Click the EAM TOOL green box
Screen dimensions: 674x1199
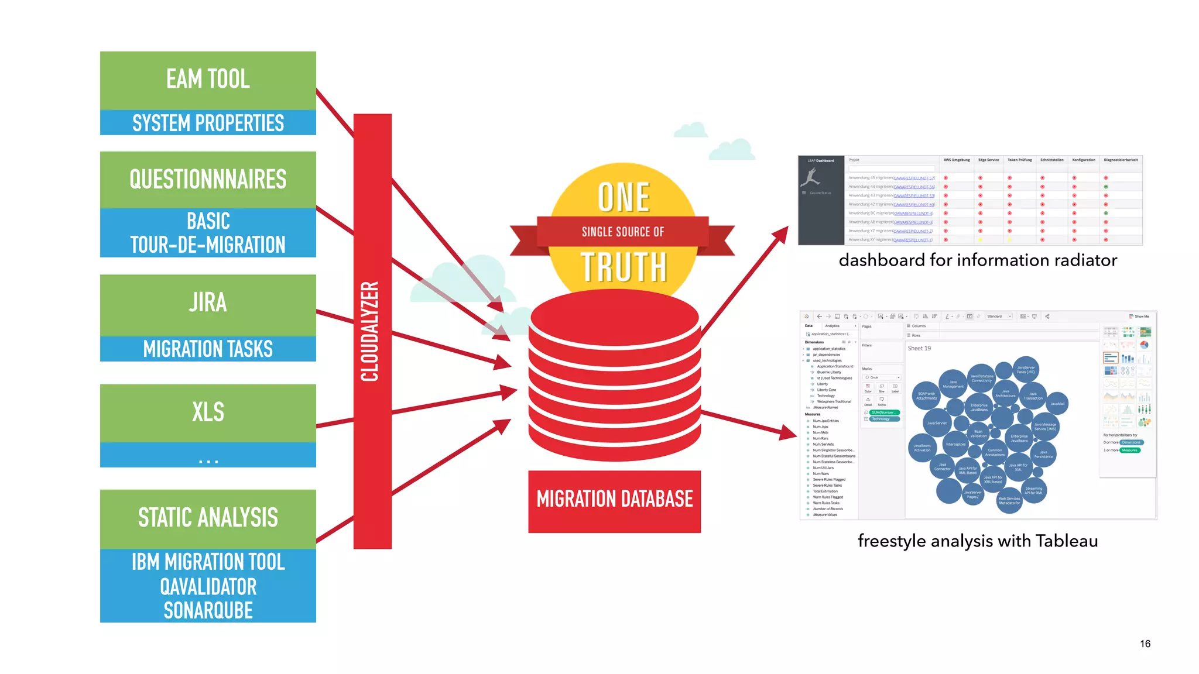pyautogui.click(x=208, y=80)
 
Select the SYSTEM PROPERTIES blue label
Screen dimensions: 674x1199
pyautogui.click(x=208, y=123)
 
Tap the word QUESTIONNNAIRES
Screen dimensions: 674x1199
pyautogui.click(x=208, y=179)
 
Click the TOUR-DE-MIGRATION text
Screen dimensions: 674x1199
pyautogui.click(x=208, y=245)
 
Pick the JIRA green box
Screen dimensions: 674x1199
pyautogui.click(x=208, y=303)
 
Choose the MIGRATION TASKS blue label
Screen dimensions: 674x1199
pyautogui.click(x=208, y=349)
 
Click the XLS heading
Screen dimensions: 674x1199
pyautogui.click(x=208, y=412)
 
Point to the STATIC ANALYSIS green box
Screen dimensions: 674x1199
pyautogui.click(x=208, y=518)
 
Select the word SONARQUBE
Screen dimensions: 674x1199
pyautogui.click(x=208, y=610)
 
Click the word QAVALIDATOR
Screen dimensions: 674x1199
pyautogui.click(x=208, y=586)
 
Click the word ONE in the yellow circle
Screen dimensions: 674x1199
pyautogui.click(x=624, y=197)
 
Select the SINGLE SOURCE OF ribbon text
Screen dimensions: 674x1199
pyautogui.click(x=623, y=232)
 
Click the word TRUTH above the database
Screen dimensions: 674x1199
pyautogui.click(x=624, y=267)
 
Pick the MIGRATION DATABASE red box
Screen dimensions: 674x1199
pyautogui.click(x=614, y=500)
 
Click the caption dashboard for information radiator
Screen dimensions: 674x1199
pyautogui.click(x=977, y=260)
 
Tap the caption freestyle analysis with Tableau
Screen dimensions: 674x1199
pyautogui.click(x=977, y=541)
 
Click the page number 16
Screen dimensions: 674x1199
pyautogui.click(x=1145, y=644)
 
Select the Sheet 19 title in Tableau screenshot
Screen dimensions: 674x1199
pyautogui.click(x=919, y=348)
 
